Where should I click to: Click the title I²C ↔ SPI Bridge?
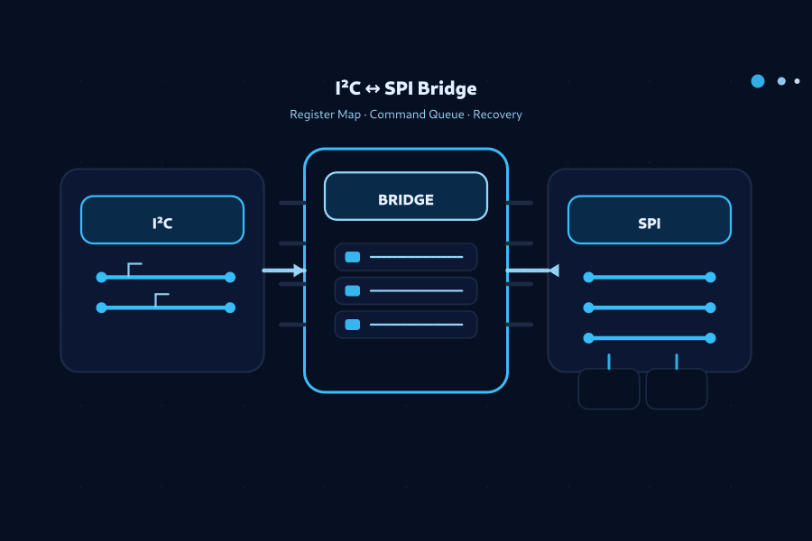[x=405, y=88]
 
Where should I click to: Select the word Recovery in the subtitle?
[x=497, y=115]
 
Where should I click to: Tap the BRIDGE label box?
[x=406, y=197]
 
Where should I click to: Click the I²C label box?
[x=162, y=220]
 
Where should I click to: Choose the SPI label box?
[x=649, y=220]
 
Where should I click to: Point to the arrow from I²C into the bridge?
[x=284, y=270]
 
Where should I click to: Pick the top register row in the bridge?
[x=406, y=257]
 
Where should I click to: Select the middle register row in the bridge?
[x=406, y=290]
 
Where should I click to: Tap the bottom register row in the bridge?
[x=406, y=324]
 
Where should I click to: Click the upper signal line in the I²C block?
[x=165, y=277]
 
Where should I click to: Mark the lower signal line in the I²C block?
[x=165, y=307]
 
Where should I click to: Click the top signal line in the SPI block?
[x=650, y=277]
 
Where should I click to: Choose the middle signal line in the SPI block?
[x=650, y=307]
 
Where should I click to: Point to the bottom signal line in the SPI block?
[x=650, y=338]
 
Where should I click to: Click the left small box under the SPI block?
[x=609, y=389]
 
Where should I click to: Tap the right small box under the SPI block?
[x=677, y=389]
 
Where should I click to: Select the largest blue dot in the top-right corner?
[x=758, y=81]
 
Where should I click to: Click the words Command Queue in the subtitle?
[x=418, y=115]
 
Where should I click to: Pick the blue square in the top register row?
[x=353, y=257]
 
